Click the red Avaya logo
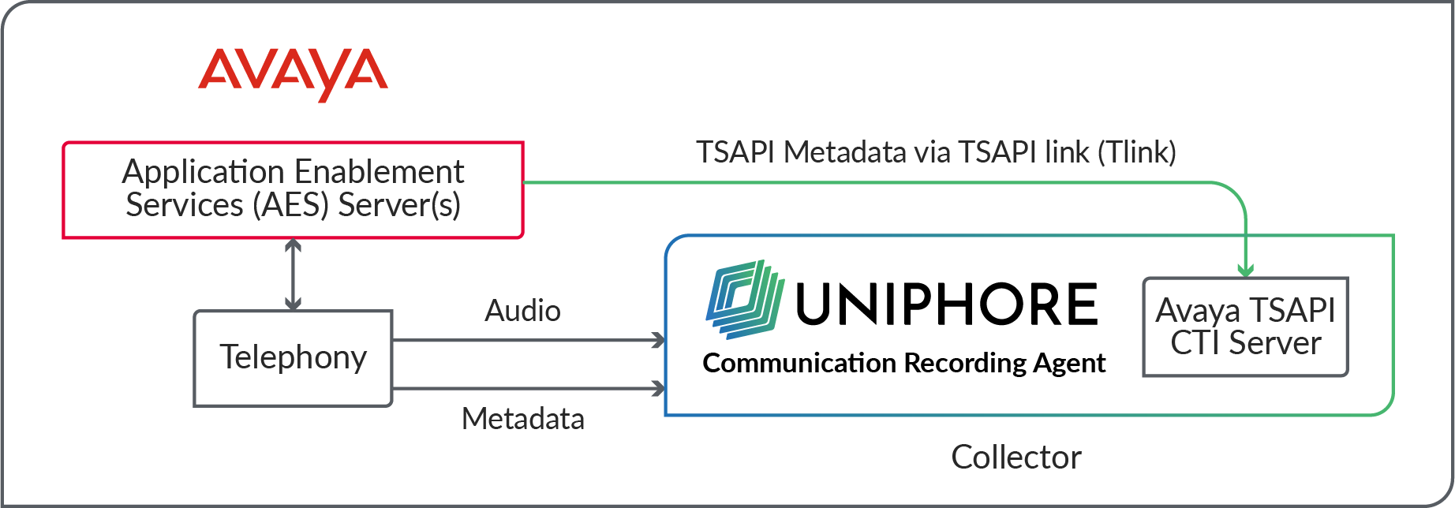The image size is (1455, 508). point(293,73)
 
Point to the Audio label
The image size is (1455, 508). point(522,311)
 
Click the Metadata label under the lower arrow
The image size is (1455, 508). point(522,419)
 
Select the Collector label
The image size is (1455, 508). point(1016,458)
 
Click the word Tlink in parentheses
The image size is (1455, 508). point(1137,152)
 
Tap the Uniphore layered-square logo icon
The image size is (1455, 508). point(745,300)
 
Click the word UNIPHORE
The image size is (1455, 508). point(947,304)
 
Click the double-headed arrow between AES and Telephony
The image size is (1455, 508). point(293,274)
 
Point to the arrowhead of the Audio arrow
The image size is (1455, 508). point(658,341)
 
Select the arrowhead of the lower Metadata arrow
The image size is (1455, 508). point(658,388)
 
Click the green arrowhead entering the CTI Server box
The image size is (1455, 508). point(1245,271)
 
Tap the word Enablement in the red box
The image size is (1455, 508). point(390,172)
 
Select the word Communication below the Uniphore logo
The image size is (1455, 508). point(799,363)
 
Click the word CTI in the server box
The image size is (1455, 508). point(1195,343)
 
